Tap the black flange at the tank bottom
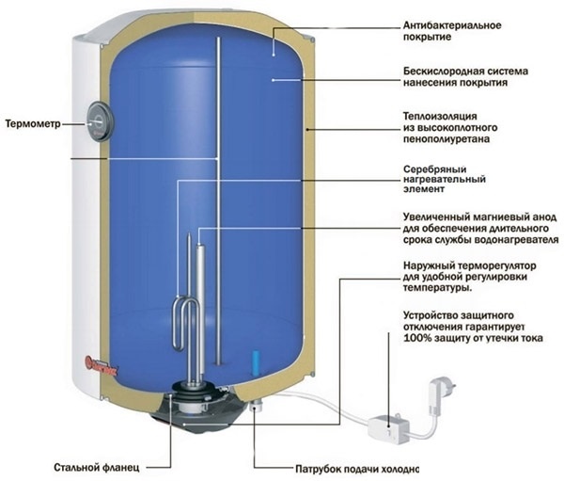(x=199, y=404)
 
